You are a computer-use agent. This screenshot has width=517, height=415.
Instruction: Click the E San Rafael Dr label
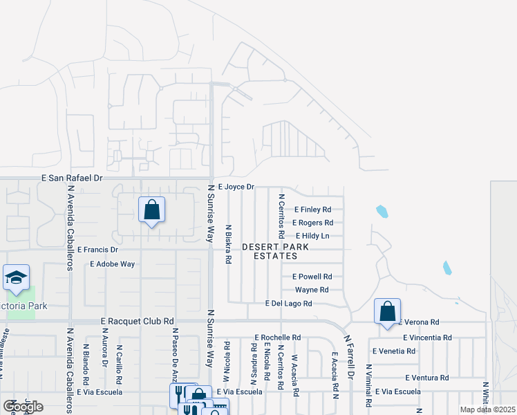click(x=72, y=178)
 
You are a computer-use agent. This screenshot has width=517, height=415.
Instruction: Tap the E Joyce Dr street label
click(x=236, y=187)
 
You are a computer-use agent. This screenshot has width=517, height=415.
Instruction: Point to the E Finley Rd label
click(x=312, y=210)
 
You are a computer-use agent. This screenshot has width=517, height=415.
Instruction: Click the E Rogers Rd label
click(x=312, y=223)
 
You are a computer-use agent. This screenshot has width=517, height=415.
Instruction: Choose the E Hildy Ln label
click(x=312, y=236)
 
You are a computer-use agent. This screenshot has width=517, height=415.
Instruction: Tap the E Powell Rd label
click(x=312, y=277)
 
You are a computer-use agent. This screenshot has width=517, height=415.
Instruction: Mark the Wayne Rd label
click(x=311, y=290)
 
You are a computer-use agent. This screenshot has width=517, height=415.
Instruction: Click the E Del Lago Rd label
click(x=289, y=304)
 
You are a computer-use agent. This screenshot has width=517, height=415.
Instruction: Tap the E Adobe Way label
click(x=113, y=264)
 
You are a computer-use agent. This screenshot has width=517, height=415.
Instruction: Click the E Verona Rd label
click(x=418, y=322)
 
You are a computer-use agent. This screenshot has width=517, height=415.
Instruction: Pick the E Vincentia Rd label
click(x=426, y=338)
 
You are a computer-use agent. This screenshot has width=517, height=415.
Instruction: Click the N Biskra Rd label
click(x=228, y=244)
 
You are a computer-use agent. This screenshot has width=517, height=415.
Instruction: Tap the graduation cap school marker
click(x=16, y=278)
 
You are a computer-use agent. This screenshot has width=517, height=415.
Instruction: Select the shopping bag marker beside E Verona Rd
click(x=388, y=311)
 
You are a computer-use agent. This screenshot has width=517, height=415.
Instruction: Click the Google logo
click(x=23, y=407)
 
